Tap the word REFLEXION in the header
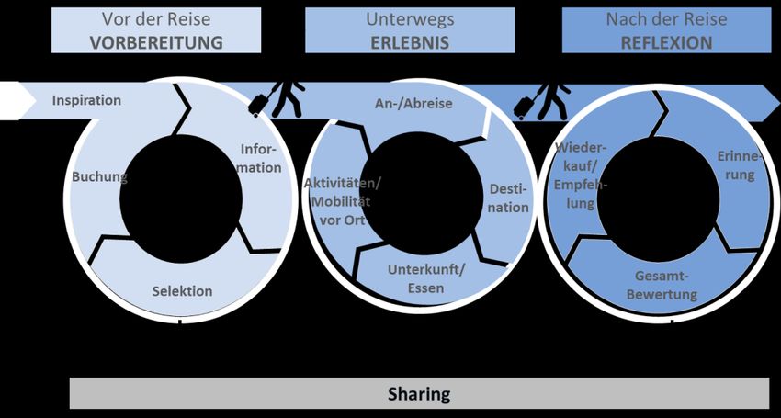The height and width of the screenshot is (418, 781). pyautogui.click(x=666, y=42)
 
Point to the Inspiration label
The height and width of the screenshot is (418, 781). pyautogui.click(x=86, y=100)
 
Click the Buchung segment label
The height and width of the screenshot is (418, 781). pyautogui.click(x=99, y=176)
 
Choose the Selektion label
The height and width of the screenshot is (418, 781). pyautogui.click(x=182, y=291)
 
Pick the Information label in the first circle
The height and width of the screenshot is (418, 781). pyautogui.click(x=261, y=158)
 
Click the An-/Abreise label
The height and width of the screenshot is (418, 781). pyautogui.click(x=414, y=103)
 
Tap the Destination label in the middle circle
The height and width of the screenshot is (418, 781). pyautogui.click(x=508, y=198)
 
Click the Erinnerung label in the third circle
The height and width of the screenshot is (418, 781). pyautogui.click(x=741, y=166)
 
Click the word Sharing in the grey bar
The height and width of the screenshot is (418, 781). pyautogui.click(x=418, y=394)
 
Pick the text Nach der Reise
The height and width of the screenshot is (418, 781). pyautogui.click(x=666, y=19)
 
